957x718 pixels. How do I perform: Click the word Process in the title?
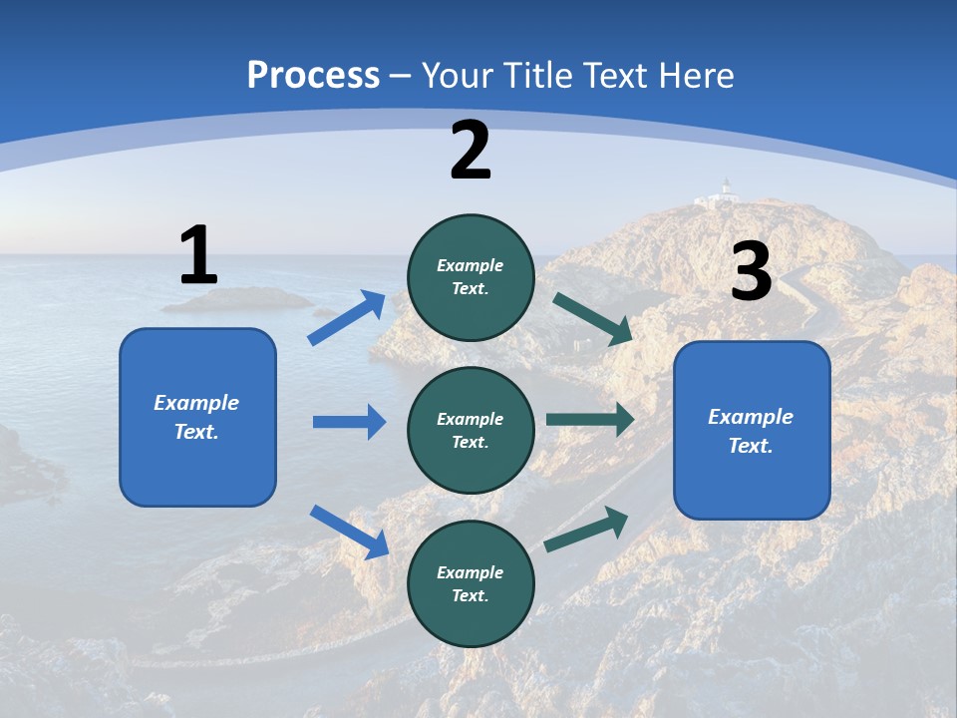coord(313,76)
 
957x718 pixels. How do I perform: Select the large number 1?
coord(198,255)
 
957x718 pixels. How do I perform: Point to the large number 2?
coord(471,151)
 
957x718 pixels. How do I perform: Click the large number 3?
coord(751,271)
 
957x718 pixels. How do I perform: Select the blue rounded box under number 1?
coord(197,417)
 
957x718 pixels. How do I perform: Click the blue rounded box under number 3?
coord(752,430)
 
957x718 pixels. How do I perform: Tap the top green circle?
coord(471,277)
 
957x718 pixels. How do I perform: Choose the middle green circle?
coord(471,430)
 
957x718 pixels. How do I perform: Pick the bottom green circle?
coord(471,583)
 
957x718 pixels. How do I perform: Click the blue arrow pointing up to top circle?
coord(347,318)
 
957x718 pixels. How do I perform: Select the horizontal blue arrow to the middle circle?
coord(349,422)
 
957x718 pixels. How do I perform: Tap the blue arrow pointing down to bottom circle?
coord(349,532)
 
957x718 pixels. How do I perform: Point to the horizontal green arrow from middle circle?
coord(589,419)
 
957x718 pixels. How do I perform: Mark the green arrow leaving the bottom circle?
coord(586,530)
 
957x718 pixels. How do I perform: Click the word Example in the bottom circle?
coord(471,572)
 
